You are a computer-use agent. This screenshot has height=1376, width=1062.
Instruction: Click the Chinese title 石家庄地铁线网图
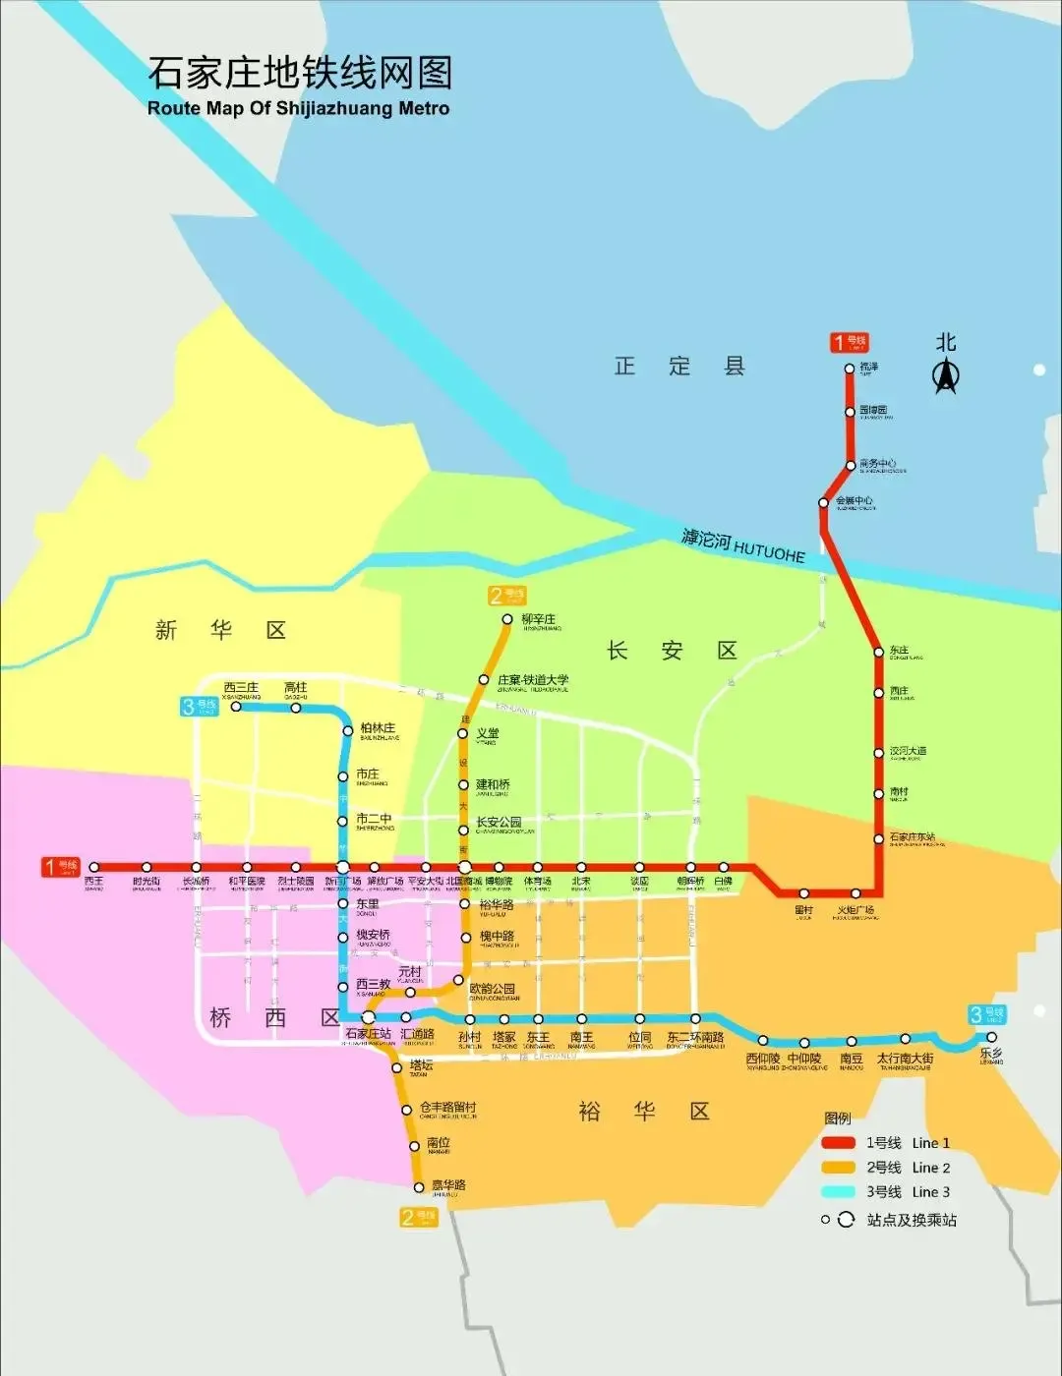[300, 74]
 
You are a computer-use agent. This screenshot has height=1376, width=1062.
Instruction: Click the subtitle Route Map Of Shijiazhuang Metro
[298, 108]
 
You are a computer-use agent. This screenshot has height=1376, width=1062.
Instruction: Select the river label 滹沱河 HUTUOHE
[743, 546]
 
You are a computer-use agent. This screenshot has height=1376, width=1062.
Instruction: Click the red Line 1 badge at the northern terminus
[849, 342]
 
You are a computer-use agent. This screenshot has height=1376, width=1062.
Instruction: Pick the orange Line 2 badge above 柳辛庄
[507, 595]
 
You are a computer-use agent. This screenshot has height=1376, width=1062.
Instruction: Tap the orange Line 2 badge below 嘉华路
[418, 1217]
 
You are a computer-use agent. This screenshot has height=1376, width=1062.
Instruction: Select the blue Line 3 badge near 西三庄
[200, 706]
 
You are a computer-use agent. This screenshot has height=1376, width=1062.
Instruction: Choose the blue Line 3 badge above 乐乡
[986, 1014]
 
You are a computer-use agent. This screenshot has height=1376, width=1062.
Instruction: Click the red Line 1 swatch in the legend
[838, 1143]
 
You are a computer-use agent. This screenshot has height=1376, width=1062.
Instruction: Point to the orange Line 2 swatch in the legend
[838, 1168]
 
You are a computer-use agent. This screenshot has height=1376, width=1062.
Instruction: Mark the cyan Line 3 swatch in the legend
[838, 1192]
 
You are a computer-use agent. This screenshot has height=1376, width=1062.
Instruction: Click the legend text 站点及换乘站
[911, 1220]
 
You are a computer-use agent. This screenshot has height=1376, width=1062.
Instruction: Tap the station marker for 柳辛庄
[507, 619]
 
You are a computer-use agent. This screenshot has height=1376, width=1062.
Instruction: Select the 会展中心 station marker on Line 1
[824, 503]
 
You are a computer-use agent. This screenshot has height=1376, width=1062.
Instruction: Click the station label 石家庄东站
[912, 837]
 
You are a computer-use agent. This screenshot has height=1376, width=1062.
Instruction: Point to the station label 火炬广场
[855, 911]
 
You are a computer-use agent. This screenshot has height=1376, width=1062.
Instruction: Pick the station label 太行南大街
[905, 1059]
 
